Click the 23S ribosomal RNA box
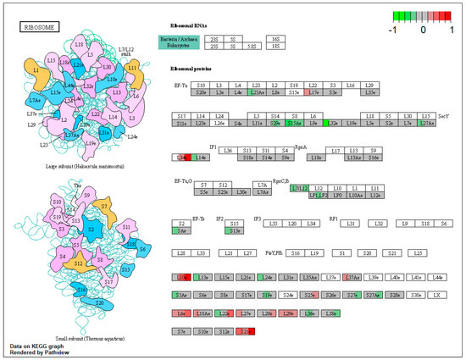click(x=214, y=39)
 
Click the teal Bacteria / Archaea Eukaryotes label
click(x=179, y=44)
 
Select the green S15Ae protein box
click(x=295, y=124)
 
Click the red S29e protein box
click(x=246, y=330)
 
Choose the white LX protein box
click(x=437, y=295)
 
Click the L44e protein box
click(x=437, y=276)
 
